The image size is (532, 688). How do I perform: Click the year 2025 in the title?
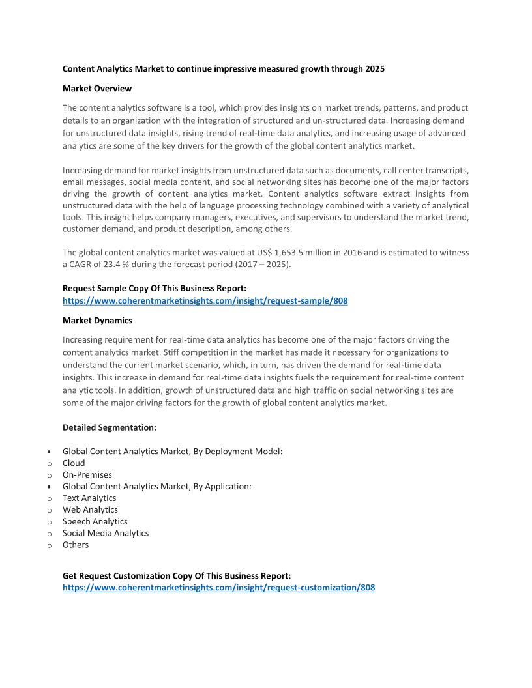pos(374,68)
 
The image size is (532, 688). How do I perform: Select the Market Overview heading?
pos(97,88)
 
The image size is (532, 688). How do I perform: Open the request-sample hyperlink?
pos(205,301)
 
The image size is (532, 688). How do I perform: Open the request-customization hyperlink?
pos(218,587)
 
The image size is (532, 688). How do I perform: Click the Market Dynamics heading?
pos(97,320)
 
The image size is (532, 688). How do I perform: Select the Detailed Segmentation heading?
pos(109,427)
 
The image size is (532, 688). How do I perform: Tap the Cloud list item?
pos(74,463)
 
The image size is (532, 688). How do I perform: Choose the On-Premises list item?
pos(87,474)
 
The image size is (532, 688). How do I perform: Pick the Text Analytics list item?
pos(89,498)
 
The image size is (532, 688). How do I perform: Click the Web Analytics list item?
pos(90,509)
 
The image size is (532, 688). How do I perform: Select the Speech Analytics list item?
pos(95,521)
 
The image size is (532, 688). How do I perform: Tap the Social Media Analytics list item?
pos(106,533)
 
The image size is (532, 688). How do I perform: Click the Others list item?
pos(76,545)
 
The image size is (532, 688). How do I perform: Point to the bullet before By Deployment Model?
pos(50,451)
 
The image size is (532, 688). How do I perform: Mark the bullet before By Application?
pos(50,487)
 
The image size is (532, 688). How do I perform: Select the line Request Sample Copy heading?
pos(154,288)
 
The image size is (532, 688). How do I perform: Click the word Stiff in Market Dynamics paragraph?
pos(175,352)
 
